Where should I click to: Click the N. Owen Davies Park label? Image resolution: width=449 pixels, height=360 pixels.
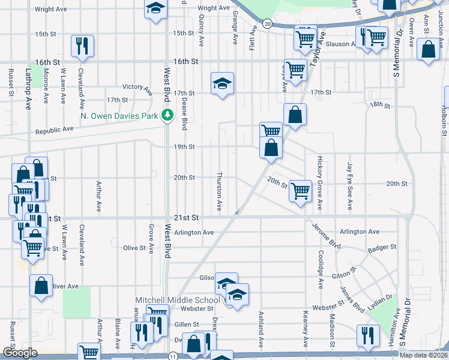coord(119,115)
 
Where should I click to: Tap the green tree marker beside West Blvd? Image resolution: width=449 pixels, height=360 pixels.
coord(169,115)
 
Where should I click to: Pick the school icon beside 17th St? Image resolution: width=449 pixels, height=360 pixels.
coord(222,83)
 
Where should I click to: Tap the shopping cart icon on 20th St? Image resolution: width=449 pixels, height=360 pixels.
coord(300,191)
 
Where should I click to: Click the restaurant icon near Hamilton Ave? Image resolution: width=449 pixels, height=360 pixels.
coord(367,335)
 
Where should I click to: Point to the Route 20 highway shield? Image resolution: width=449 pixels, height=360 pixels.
coord(267,23)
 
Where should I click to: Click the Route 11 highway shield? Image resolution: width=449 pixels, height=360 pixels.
coord(173,356)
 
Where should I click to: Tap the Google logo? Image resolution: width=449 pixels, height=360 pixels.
coord(20,353)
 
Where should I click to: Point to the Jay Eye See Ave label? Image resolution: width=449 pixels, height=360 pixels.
coord(350,179)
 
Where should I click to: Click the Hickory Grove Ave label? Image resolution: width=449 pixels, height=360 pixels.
coord(320,183)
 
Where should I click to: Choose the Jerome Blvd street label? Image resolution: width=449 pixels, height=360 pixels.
coord(326,236)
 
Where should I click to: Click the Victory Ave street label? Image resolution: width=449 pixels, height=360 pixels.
coord(137,88)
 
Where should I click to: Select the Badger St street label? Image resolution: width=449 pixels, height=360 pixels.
coord(384,247)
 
